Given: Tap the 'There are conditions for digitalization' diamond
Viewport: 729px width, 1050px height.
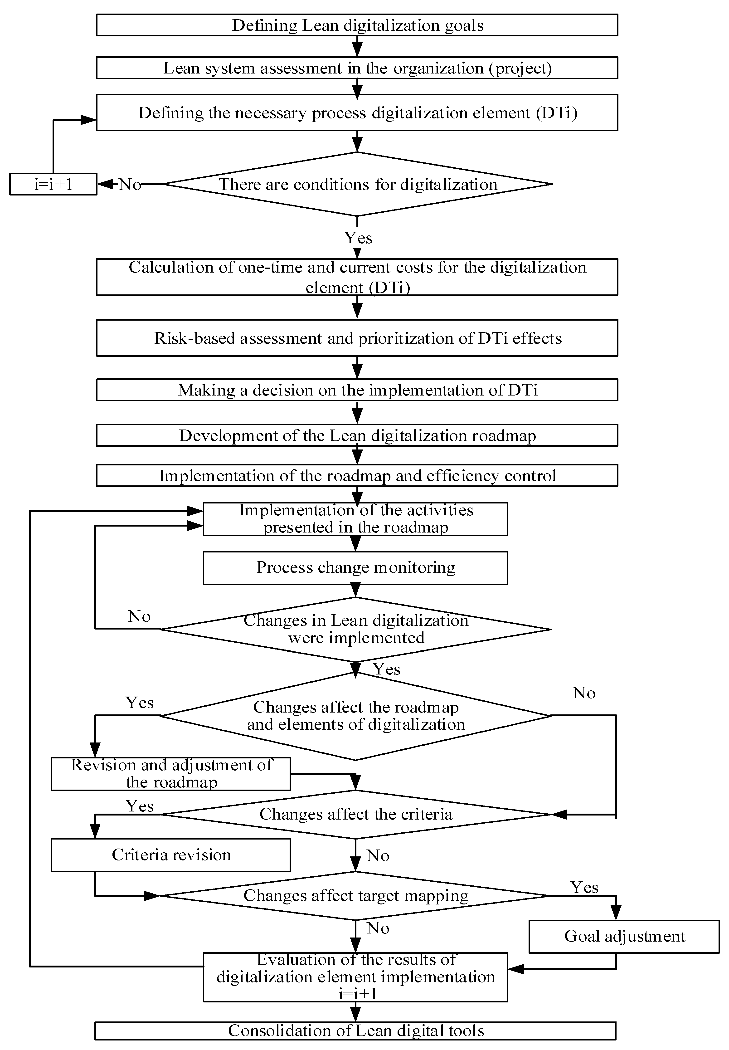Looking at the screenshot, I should (x=357, y=184).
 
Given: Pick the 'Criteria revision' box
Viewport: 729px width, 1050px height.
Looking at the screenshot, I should (x=171, y=855).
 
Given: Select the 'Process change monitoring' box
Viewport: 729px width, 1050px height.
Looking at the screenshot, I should (x=355, y=567).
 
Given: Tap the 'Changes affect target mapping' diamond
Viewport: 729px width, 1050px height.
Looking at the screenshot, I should (x=355, y=896).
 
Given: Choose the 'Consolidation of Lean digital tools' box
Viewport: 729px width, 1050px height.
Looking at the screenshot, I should (x=355, y=1031).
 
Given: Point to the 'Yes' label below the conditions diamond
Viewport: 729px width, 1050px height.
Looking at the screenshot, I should (x=358, y=238).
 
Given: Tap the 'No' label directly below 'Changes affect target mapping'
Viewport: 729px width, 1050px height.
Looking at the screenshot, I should (x=378, y=928).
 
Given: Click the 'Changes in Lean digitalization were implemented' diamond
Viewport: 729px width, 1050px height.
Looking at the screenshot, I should (x=355, y=629).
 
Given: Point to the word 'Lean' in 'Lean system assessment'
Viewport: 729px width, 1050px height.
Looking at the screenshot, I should (x=182, y=68).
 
